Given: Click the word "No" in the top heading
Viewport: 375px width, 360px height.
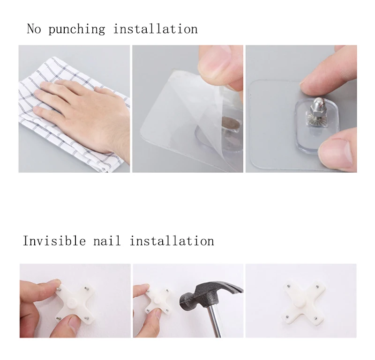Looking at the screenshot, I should (34, 29).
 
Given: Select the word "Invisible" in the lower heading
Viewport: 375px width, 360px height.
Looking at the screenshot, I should (54, 241).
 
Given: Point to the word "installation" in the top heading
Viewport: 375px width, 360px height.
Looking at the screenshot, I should (155, 29).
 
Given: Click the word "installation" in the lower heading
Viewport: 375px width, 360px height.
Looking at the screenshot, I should (172, 241).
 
